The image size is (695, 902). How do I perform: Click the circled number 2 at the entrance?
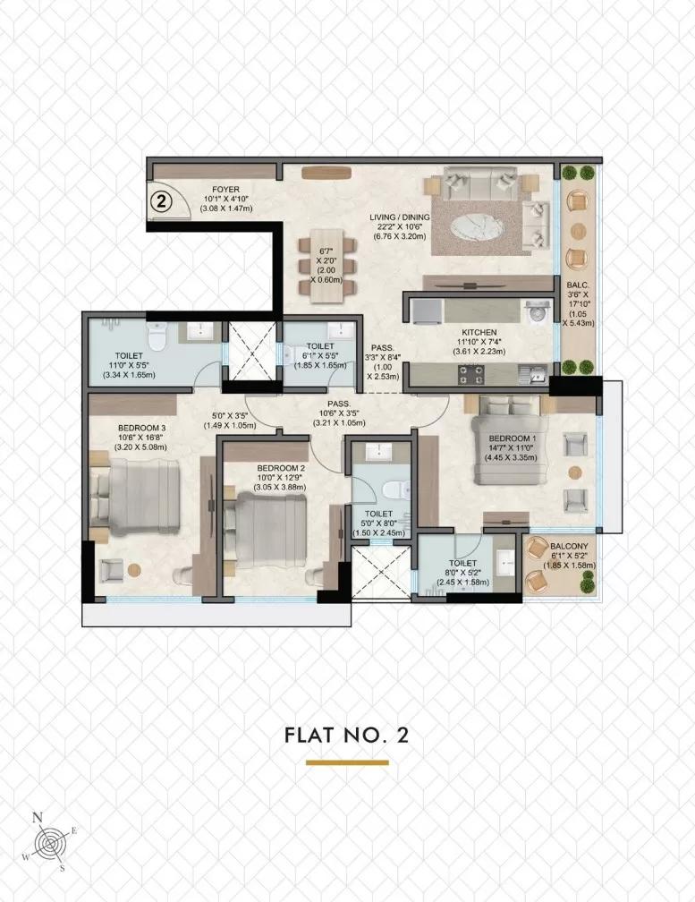[x=162, y=200]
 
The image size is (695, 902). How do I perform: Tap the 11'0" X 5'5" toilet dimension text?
[x=124, y=365]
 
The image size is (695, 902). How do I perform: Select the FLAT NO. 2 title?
[x=347, y=736]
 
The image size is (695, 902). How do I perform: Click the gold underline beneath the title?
[x=347, y=762]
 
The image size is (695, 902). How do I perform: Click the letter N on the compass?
[x=37, y=817]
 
